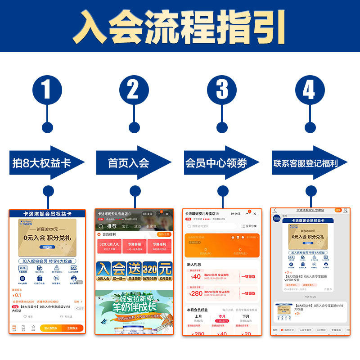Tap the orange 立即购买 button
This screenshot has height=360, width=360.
click(72, 328)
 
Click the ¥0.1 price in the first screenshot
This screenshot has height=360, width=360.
click(17, 295)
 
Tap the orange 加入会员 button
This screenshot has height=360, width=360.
click(164, 234)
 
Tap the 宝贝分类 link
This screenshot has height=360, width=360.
click(249, 226)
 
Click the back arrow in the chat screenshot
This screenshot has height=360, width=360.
click(274, 210)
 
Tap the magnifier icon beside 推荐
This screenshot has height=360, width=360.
click(101, 226)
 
